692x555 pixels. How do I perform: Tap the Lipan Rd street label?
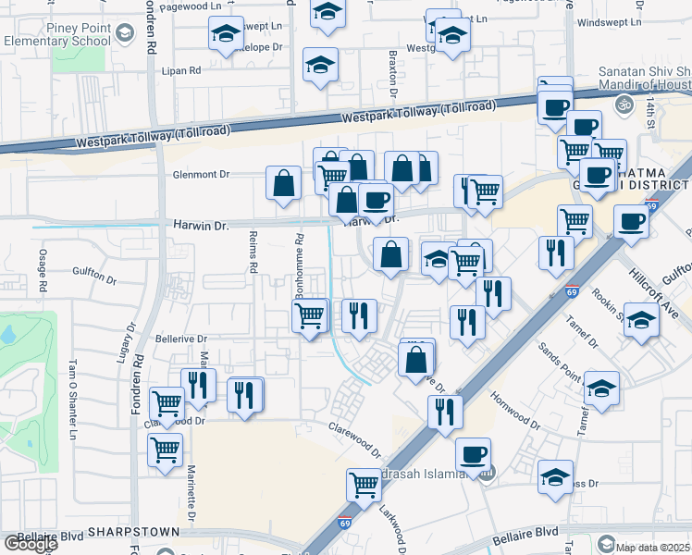(x=182, y=70)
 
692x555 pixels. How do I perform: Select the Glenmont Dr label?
(x=200, y=174)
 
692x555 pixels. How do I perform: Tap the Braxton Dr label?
(x=392, y=78)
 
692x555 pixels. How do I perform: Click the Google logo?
(x=31, y=543)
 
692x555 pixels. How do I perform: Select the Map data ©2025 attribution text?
(x=653, y=545)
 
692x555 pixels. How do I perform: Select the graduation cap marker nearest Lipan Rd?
(x=320, y=66)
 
